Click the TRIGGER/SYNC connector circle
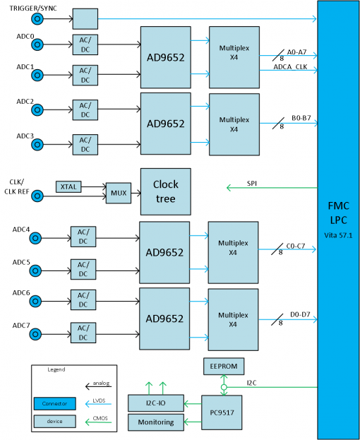[37, 19]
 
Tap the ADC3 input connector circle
[37, 145]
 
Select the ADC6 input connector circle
[35, 302]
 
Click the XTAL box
[68, 186]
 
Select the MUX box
[119, 193]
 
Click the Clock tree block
[166, 191]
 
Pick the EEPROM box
[224, 367]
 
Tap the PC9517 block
[222, 412]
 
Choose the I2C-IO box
[156, 403]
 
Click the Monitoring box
[156, 422]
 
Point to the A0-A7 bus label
[296, 52]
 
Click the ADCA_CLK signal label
[290, 67]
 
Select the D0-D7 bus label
[300, 314]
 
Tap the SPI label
[252, 184]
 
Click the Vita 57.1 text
[338, 235]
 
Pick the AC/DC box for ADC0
[85, 44]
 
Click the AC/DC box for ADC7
[83, 333]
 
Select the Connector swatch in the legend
[54, 403]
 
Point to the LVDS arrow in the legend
[98, 404]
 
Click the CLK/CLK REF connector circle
[37, 196]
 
